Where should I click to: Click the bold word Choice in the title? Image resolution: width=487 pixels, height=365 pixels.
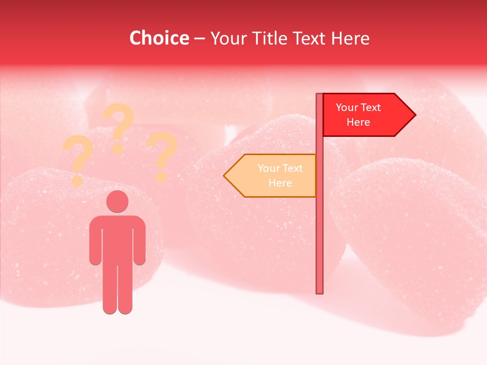coord(159,39)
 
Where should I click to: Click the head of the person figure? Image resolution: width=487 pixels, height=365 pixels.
coord(117,201)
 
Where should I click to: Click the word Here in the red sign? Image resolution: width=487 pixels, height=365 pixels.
coord(358,122)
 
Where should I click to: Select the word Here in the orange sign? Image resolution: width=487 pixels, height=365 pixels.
coord(280,183)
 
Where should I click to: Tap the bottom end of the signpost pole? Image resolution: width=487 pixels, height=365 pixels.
coord(320,291)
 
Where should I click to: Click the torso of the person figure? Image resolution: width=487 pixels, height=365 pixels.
coord(117,238)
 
